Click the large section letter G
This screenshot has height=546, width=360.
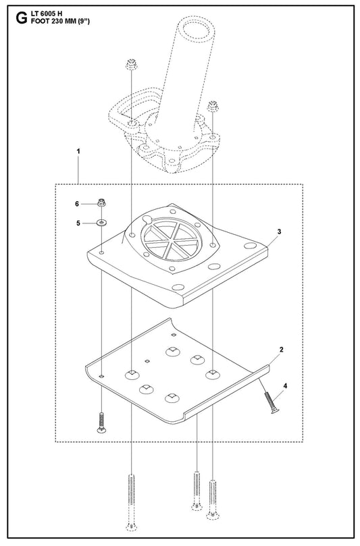(x=22, y=18)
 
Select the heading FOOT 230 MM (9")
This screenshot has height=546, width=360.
(x=60, y=21)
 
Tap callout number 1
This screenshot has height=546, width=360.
(x=78, y=151)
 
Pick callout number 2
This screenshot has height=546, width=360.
(x=281, y=349)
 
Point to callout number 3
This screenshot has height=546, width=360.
(x=279, y=231)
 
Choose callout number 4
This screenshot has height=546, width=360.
(x=286, y=386)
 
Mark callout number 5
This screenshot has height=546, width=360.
(x=78, y=223)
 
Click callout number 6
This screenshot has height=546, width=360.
(x=77, y=204)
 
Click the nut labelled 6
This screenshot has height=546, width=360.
(x=101, y=202)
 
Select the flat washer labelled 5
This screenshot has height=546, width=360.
(x=101, y=222)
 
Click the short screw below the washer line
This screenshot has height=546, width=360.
(x=101, y=422)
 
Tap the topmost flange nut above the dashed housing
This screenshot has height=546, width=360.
(x=131, y=64)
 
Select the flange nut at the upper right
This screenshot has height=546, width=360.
(x=212, y=105)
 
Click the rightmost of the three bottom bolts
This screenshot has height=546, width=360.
(x=213, y=500)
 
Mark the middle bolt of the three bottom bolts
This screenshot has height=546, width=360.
(x=197, y=491)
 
